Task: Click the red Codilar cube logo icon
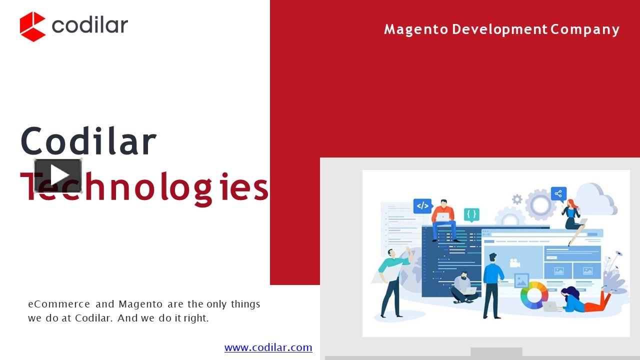pos(32,26)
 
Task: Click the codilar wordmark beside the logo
pos(89,25)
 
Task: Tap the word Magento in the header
pos(416,29)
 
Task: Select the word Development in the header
pos(499,29)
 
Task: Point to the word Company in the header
pos(585,29)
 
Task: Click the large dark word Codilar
pos(88,140)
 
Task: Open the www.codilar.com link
pos(268,347)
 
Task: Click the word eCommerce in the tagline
pos(59,304)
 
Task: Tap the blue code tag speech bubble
pos(422,205)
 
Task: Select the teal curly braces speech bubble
pos(471,214)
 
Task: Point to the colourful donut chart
pos(534,295)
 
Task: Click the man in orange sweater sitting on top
pos(443,220)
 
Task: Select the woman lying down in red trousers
pos(585,299)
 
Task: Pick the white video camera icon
pos(514,263)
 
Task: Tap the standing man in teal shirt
pos(395,282)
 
